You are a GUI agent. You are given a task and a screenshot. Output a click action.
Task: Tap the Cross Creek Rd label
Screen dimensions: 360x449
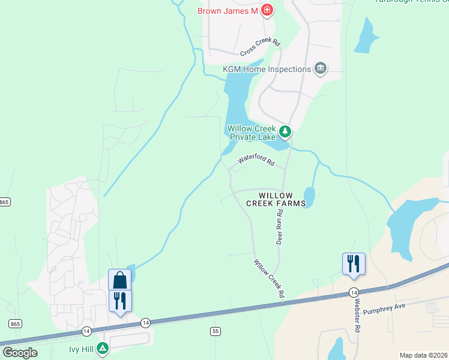[x=261, y=47]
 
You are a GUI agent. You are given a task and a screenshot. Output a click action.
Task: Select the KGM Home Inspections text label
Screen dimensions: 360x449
[x=267, y=69]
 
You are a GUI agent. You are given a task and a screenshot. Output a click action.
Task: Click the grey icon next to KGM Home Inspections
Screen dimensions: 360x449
[x=320, y=68]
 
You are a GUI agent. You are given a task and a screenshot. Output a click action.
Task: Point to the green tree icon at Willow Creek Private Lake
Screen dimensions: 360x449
[x=285, y=130]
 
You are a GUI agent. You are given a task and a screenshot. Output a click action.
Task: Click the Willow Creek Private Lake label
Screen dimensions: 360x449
[x=251, y=133]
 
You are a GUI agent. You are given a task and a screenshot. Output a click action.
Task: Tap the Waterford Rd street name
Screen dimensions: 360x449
[x=256, y=160]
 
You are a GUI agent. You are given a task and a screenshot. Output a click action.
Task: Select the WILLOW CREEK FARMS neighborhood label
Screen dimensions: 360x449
[x=276, y=200]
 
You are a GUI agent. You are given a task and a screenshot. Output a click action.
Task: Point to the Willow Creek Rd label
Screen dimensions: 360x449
[x=268, y=279]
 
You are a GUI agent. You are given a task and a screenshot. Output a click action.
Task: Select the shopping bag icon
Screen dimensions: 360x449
[x=119, y=280]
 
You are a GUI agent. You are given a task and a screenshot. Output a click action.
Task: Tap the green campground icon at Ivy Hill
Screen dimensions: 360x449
[x=103, y=347]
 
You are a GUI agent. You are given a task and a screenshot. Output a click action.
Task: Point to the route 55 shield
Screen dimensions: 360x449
[x=215, y=331]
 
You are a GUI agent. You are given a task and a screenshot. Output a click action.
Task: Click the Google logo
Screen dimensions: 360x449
[x=20, y=353]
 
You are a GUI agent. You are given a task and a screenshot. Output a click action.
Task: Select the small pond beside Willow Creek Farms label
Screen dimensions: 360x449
[x=309, y=196]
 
